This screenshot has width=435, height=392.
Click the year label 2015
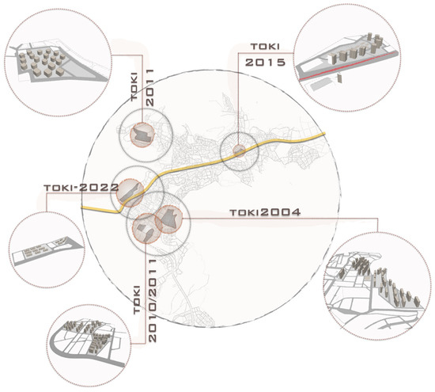pyautogui.click(x=265, y=62)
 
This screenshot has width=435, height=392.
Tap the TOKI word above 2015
pyautogui.click(x=265, y=47)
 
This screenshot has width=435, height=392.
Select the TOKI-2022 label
pyautogui.click(x=81, y=188)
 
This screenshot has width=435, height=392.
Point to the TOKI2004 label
pyautogui.click(x=265, y=212)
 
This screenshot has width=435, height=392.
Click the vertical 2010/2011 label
pyautogui.click(x=153, y=301)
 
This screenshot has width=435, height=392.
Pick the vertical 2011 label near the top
pyautogui.click(x=149, y=87)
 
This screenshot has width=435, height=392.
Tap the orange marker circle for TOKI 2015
pyautogui.click(x=239, y=150)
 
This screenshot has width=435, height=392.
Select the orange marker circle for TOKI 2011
pyautogui.click(x=142, y=135)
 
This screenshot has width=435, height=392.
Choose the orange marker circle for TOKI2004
pyautogui.click(x=168, y=219)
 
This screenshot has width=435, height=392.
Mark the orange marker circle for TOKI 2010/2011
pyautogui.click(x=146, y=228)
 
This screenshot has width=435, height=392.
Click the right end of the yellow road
pyautogui.click(x=325, y=135)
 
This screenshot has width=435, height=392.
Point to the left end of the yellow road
pyautogui.click(x=81, y=207)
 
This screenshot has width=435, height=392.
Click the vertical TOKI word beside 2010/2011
pyautogui.click(x=138, y=299)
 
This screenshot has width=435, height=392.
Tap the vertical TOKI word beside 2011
pyautogui.click(x=134, y=86)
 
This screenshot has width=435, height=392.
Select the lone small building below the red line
pyautogui.click(x=340, y=78)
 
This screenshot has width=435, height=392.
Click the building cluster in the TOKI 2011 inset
pyautogui.click(x=42, y=62)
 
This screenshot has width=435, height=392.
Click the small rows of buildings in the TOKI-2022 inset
pyautogui.click(x=36, y=250)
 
